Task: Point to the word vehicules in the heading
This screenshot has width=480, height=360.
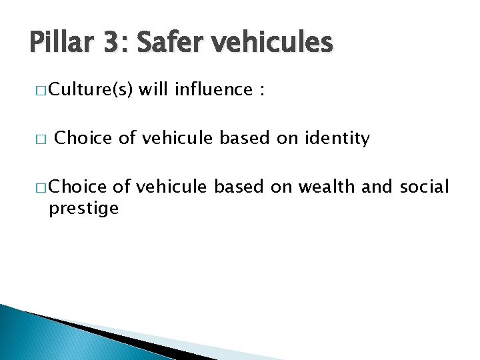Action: (273, 43)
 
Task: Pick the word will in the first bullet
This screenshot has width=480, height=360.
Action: (153, 90)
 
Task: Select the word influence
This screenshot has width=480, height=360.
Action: (213, 90)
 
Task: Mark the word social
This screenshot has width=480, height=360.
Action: (425, 187)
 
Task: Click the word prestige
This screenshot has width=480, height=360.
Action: (83, 209)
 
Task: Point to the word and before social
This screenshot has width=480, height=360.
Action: (379, 187)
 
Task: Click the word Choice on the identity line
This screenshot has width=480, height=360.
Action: (83, 139)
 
